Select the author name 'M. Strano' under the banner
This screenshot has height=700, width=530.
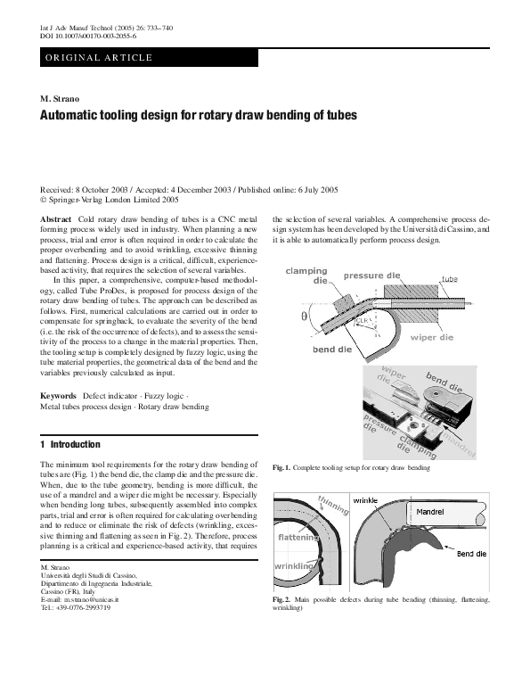(x=61, y=96)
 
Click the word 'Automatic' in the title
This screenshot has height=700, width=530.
(x=75, y=116)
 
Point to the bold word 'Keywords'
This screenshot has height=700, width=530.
(x=59, y=395)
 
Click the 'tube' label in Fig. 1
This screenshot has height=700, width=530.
(x=449, y=280)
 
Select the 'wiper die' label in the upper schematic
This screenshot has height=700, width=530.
(x=436, y=337)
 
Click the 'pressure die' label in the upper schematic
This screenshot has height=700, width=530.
(x=371, y=276)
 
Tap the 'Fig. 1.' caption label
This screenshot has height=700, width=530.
(x=281, y=467)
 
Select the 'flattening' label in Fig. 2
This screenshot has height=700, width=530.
(x=298, y=539)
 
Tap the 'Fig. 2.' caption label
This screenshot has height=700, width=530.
(x=281, y=600)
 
